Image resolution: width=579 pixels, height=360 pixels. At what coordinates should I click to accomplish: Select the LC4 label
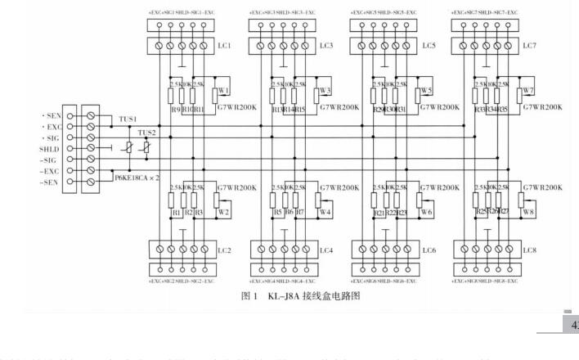click(325, 250)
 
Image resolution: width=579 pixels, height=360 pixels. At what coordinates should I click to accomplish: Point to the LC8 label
click(529, 250)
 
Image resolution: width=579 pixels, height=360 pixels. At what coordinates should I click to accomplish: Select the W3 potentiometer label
click(325, 91)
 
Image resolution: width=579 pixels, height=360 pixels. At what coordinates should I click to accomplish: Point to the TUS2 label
click(146, 133)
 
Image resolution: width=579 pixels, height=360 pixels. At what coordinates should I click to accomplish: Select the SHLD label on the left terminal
click(51, 149)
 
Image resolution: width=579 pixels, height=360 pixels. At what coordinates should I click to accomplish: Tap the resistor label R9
click(174, 108)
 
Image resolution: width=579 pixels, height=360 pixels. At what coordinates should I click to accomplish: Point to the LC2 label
click(223, 250)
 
